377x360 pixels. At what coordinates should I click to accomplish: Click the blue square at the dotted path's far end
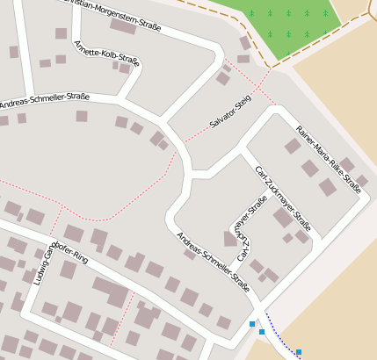(299, 352)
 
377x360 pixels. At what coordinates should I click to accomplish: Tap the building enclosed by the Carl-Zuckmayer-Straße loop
(232, 238)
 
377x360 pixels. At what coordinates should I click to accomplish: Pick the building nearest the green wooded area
(245, 42)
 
